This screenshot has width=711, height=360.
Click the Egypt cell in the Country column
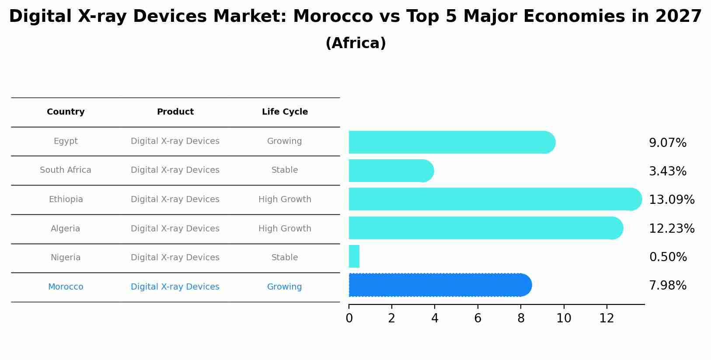66,141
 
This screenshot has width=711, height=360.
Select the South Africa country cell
66,170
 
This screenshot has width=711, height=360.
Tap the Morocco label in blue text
66,287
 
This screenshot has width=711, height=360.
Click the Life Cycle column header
285,112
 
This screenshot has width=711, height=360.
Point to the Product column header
175,112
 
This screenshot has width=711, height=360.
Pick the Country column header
66,112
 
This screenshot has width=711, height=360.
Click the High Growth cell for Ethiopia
285,199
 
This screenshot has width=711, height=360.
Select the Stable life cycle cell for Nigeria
285,258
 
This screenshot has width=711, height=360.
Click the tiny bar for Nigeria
354,256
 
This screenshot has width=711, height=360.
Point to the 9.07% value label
668,143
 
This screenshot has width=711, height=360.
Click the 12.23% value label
672,228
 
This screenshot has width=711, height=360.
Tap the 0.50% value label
668,257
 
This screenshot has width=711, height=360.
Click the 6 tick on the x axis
477,318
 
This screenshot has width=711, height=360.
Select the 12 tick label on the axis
606,318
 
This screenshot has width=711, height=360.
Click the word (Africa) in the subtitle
355,43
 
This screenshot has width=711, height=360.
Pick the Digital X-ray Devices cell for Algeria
175,229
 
